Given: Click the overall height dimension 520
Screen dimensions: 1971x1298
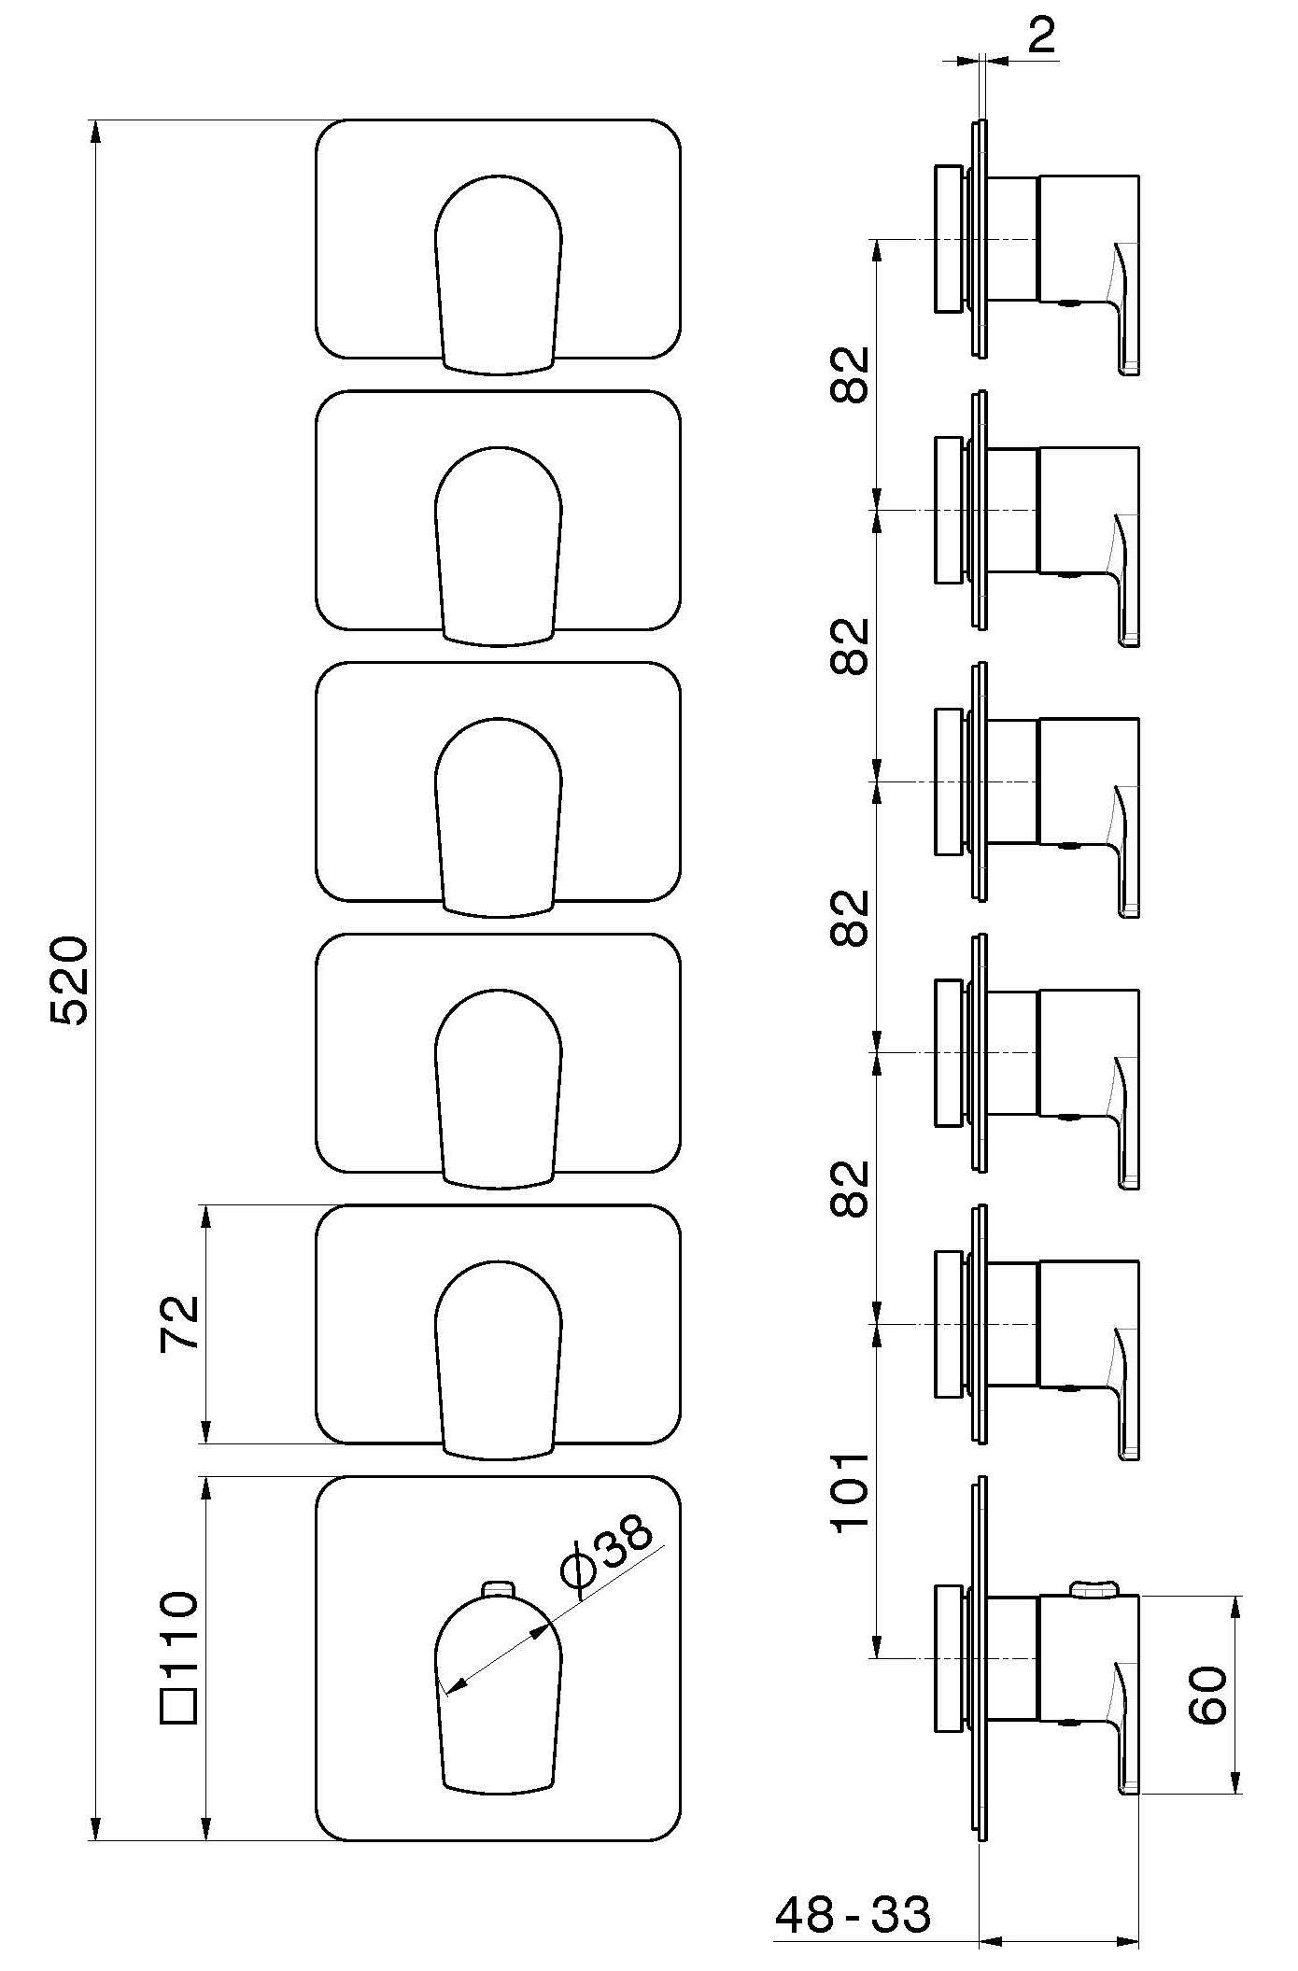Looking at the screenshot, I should click(70, 980).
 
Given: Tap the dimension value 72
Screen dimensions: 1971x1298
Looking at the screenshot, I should click(178, 1322).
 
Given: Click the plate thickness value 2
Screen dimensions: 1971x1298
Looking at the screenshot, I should click(1040, 35).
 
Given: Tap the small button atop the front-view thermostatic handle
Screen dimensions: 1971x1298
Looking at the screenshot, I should click(498, 1590).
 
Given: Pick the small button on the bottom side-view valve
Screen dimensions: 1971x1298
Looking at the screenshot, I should click(1093, 1588).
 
